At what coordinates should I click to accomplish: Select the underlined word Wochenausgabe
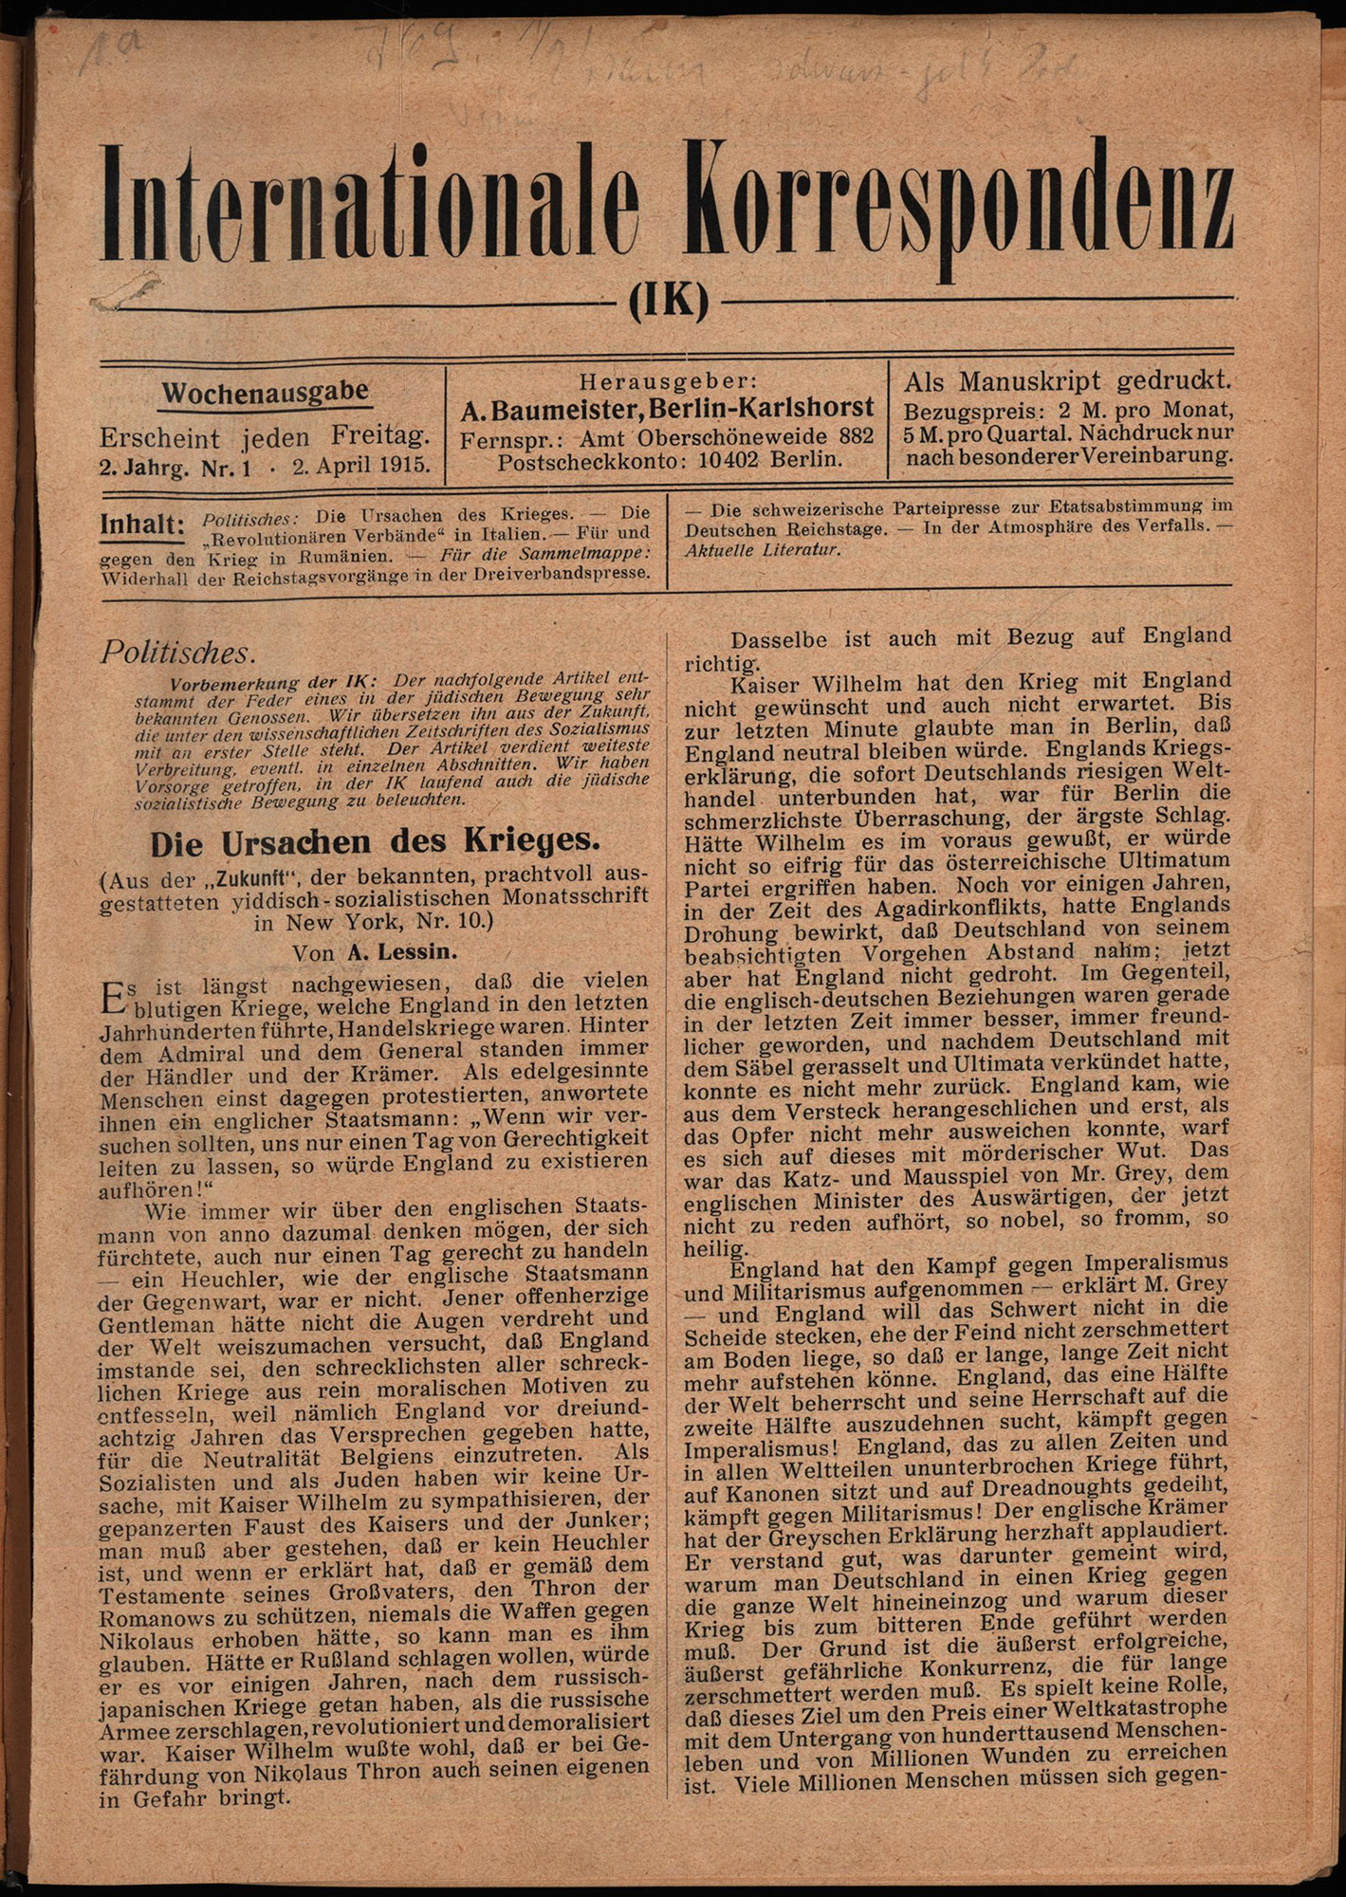click(x=266, y=393)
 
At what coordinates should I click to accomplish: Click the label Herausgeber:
click(x=670, y=381)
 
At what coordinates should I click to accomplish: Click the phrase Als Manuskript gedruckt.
click(x=1067, y=381)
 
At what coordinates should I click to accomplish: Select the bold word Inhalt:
click(x=141, y=525)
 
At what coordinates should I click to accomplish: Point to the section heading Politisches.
click(x=177, y=653)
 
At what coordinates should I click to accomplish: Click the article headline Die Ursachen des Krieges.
click(x=376, y=841)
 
